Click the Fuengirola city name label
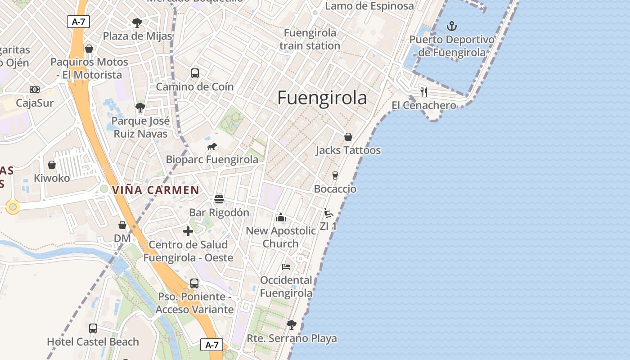click(x=322, y=98)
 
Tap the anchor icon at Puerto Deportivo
click(x=451, y=26)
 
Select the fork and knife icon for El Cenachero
click(x=423, y=92)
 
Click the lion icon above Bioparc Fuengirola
click(x=212, y=146)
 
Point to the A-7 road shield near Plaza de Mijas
click(x=78, y=22)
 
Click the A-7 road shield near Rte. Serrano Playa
click(x=211, y=345)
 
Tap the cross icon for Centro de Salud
click(x=188, y=231)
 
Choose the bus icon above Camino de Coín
click(x=195, y=73)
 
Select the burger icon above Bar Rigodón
click(x=219, y=199)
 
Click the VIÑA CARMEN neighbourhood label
click(x=156, y=190)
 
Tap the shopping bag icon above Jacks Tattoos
click(x=348, y=137)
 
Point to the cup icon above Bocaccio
click(x=335, y=175)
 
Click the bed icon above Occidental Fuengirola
click(x=286, y=267)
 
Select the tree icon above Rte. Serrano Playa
click(x=292, y=324)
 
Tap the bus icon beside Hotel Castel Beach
click(x=93, y=328)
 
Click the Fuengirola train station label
click(x=310, y=39)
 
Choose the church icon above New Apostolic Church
click(x=281, y=217)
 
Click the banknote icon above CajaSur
click(x=35, y=90)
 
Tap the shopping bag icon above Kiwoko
click(x=52, y=165)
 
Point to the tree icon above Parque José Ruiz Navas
click(x=140, y=108)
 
